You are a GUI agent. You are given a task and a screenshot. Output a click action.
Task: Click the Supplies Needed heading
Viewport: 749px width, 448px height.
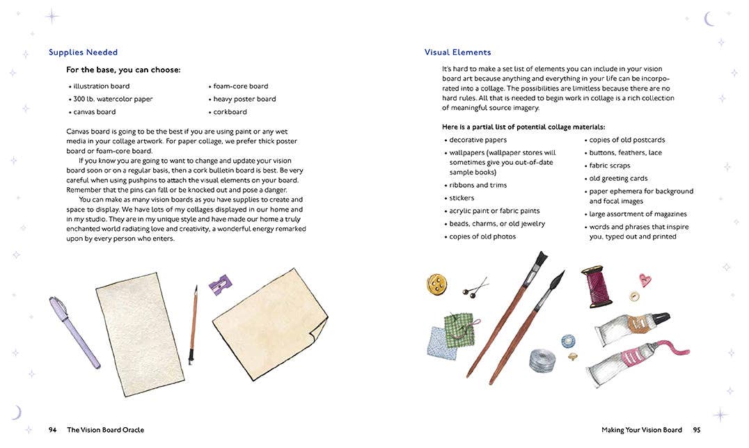(83, 52)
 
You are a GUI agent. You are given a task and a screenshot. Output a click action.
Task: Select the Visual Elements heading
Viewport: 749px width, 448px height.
(457, 52)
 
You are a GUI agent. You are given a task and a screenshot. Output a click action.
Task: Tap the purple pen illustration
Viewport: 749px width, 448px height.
(74, 332)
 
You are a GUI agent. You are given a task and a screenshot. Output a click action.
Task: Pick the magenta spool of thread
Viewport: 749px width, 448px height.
(597, 286)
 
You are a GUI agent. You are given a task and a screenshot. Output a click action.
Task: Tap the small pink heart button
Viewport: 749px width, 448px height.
(645, 280)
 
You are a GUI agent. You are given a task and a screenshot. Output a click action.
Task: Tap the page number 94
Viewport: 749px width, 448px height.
(52, 430)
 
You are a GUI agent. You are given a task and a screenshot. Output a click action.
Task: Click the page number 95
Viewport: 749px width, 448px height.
(697, 430)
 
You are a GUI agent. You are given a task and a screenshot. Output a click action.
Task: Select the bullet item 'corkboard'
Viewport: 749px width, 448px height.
(230, 112)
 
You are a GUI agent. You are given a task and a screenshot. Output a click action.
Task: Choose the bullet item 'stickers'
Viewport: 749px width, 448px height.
(462, 198)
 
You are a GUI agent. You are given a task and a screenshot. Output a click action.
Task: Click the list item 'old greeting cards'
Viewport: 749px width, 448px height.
(618, 179)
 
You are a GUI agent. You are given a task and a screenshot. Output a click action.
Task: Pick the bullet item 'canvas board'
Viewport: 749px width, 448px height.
(95, 112)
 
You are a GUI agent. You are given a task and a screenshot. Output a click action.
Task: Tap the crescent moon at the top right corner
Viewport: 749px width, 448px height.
(709, 19)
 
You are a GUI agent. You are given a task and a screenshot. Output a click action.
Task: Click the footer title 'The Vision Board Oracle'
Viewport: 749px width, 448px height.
(105, 430)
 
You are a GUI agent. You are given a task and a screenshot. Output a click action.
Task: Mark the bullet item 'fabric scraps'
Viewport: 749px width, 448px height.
(610, 166)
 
